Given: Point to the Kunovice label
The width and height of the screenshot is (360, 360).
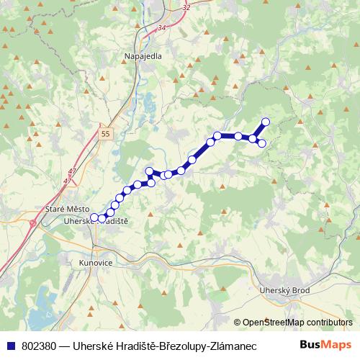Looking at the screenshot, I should point(96,264).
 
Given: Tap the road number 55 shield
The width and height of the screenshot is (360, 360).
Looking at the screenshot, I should point(106,134).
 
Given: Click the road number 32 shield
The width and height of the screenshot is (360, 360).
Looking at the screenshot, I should point(187,6).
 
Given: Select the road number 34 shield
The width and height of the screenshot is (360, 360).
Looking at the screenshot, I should point(161,27).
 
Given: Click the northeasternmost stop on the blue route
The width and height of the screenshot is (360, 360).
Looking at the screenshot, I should point(266,122).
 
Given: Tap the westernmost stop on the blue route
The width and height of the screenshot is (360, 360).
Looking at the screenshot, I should point(94,217).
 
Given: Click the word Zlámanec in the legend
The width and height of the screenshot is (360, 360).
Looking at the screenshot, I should point(237,346).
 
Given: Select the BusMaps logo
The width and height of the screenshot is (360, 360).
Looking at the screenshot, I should point(328,345).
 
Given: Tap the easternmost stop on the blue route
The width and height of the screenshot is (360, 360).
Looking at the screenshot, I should point(266,122).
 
